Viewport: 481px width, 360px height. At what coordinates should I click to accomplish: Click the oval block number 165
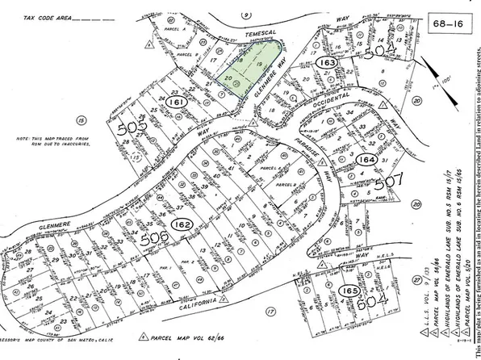(349, 290)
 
